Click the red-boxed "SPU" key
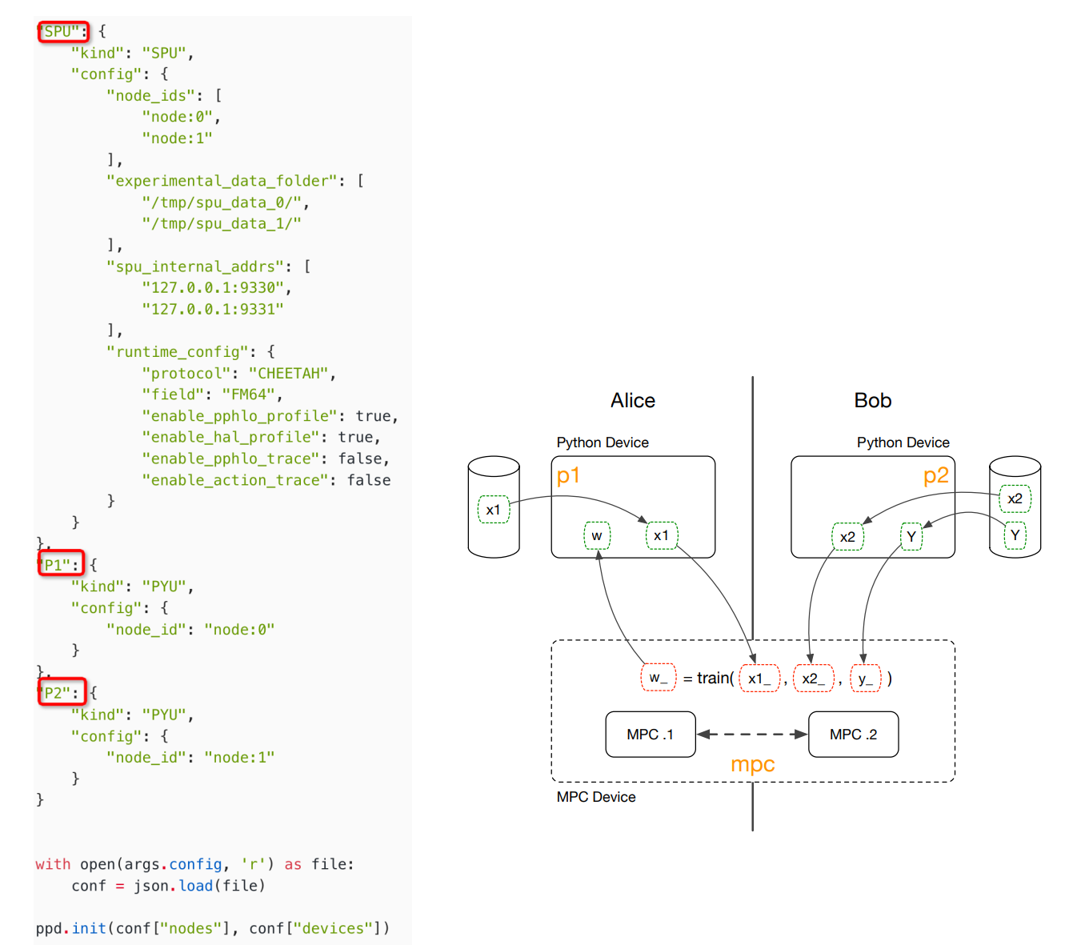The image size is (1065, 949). [x=62, y=32]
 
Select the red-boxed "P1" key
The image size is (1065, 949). [x=61, y=565]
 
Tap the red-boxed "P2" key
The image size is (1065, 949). [x=61, y=693]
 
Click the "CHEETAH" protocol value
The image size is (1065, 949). [x=288, y=374]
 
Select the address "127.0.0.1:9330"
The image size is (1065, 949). [x=213, y=288]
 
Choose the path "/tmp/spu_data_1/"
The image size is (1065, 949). [x=222, y=224]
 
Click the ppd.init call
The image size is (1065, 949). [x=89, y=928]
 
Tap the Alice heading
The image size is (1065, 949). [x=632, y=400]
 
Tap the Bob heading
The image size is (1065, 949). [x=872, y=400]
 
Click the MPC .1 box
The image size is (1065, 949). [x=650, y=735]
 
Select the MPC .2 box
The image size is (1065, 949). [x=853, y=735]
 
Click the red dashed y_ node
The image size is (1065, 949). [x=865, y=679]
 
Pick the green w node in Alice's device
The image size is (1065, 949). [x=597, y=535]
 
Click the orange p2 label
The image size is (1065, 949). [x=935, y=476]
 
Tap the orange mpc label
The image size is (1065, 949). [x=752, y=764]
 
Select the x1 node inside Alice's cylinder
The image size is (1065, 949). [x=494, y=510]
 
